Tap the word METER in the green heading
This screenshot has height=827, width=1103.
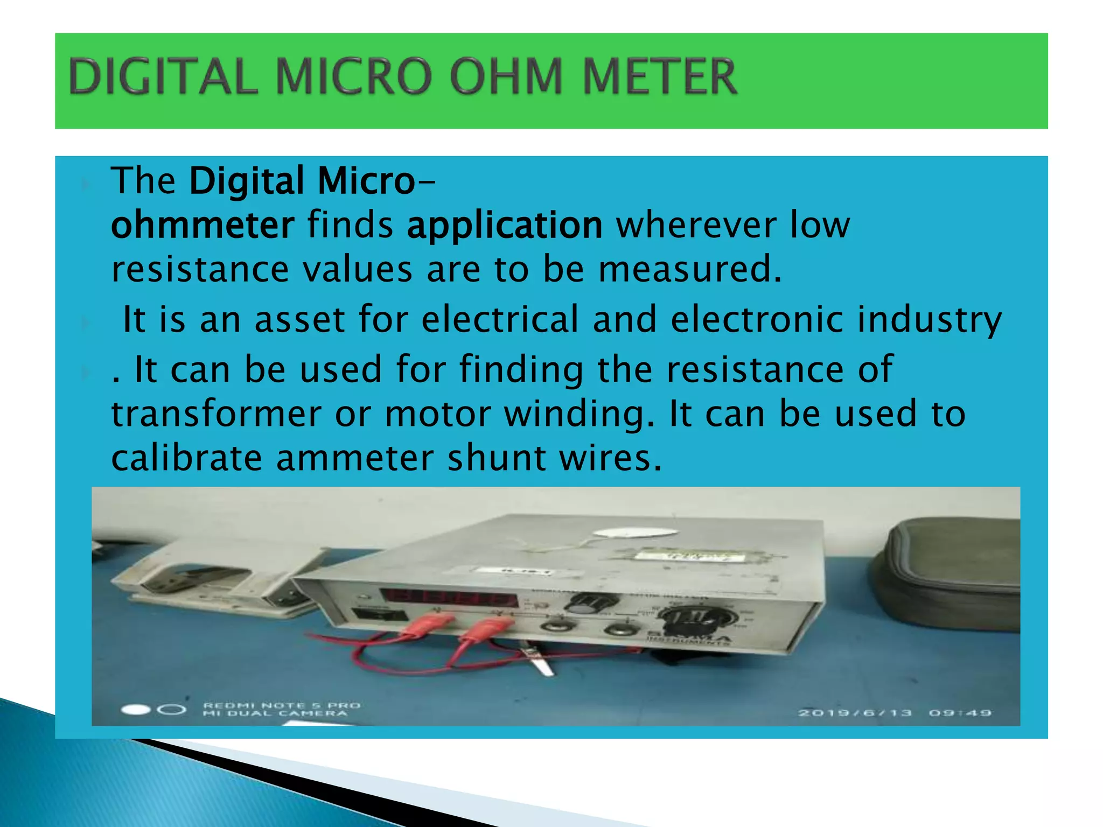coord(659,77)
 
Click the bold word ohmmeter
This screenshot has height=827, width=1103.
coord(203,225)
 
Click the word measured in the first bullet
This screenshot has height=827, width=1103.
coord(689,269)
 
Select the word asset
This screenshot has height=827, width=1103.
coord(299,319)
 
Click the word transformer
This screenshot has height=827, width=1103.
coord(216,413)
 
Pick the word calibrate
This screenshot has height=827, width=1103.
coord(186,458)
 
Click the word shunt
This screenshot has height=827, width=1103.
coord(496,458)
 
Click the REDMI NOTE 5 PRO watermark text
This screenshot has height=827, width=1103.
coord(282,705)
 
